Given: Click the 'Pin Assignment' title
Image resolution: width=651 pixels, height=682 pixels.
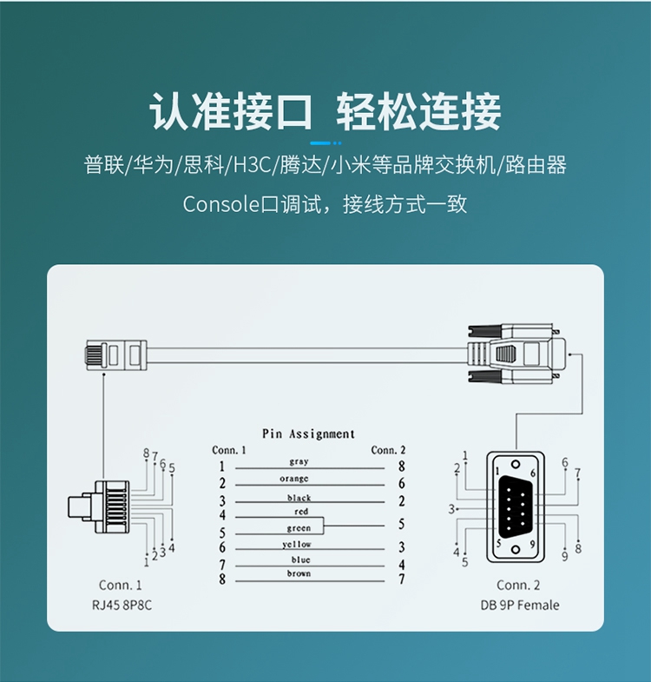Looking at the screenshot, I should [308, 434].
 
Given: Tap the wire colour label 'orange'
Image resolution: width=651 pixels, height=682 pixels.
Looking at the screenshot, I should [294, 479].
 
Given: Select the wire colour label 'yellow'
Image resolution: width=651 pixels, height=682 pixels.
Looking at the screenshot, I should [297, 544].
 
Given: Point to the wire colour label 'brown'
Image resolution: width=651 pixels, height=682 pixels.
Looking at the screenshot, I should [299, 573].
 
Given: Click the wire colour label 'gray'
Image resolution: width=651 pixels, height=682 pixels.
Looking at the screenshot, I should [299, 462].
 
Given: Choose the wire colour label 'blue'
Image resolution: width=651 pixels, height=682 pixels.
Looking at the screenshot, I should [300, 560].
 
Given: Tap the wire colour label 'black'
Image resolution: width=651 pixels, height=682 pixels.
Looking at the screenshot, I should [299, 498].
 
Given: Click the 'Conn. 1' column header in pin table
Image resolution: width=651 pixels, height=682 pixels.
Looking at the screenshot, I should [229, 450].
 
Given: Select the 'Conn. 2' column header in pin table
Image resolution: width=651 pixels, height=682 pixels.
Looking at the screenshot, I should [388, 450].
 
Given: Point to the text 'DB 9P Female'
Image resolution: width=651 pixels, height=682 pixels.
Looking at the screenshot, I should [519, 605].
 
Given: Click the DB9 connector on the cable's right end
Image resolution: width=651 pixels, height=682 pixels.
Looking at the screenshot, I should [512, 352].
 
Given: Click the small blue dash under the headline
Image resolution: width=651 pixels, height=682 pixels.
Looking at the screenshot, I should [325, 142].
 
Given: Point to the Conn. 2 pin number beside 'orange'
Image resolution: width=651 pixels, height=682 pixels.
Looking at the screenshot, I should [401, 483].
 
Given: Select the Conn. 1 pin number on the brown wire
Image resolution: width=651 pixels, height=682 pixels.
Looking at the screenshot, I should [222, 579].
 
